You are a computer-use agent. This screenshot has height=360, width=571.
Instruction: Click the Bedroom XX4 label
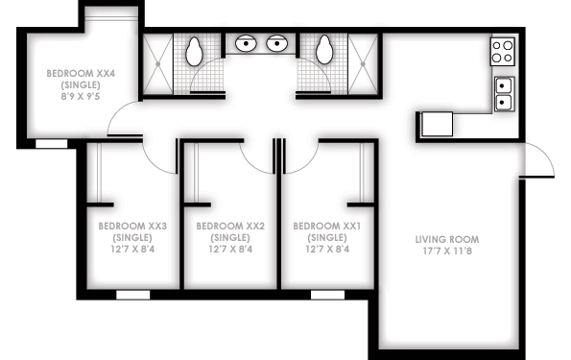pyautogui.click(x=81, y=74)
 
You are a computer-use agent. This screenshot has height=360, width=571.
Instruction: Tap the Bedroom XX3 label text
pyautogui.click(x=132, y=227)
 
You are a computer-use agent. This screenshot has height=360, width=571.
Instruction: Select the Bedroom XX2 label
pyautogui.click(x=230, y=227)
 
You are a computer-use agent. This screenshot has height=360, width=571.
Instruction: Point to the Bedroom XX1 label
pyautogui.click(x=327, y=227)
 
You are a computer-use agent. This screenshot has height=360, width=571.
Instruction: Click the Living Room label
pyautogui.click(x=447, y=239)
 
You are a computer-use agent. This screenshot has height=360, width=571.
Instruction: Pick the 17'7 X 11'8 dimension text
pyautogui.click(x=447, y=252)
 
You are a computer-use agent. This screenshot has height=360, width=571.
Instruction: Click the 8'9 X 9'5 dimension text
pyautogui.click(x=81, y=97)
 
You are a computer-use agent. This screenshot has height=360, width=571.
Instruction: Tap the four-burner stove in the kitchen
pyautogui.click(x=503, y=52)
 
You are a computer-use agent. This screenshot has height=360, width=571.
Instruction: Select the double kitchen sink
pyautogui.click(x=504, y=94)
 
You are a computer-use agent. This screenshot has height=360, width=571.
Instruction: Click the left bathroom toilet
pyautogui.click(x=194, y=52)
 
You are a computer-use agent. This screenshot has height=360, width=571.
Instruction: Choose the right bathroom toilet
pyautogui.click(x=324, y=50)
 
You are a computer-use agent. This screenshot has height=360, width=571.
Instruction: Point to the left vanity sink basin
pyautogui.click(x=246, y=43)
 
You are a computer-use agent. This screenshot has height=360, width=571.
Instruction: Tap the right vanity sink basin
pyautogui.click(x=277, y=43)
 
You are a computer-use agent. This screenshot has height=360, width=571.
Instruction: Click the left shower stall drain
pyautogui.click(x=158, y=64)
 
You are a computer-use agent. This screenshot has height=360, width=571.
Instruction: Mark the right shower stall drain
pyautogui.click(x=363, y=64)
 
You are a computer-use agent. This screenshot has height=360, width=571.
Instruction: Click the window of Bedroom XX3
pyautogui.click(x=133, y=295)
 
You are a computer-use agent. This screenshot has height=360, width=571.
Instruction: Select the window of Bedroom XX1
pyautogui.click(x=327, y=295)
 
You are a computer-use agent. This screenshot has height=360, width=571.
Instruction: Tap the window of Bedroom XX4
pyautogui.click(x=52, y=144)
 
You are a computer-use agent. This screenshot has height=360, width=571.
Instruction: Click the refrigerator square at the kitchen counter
pyautogui.click(x=437, y=124)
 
